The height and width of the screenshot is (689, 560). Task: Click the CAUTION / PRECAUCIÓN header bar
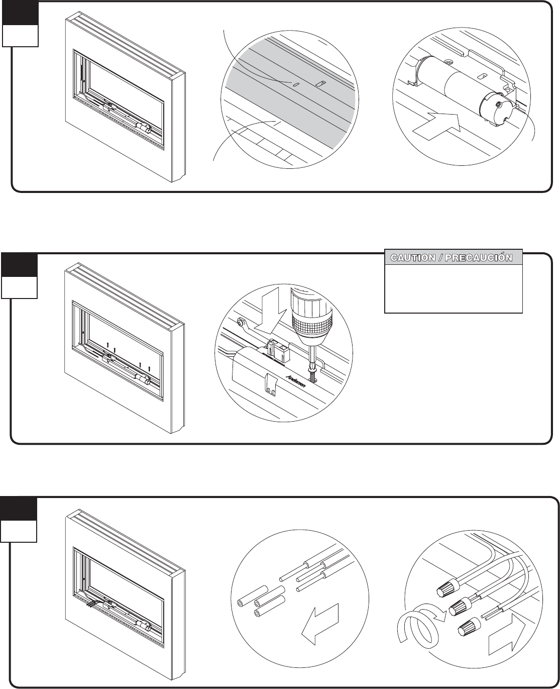454,257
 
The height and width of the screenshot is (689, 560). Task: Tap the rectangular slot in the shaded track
318,83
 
